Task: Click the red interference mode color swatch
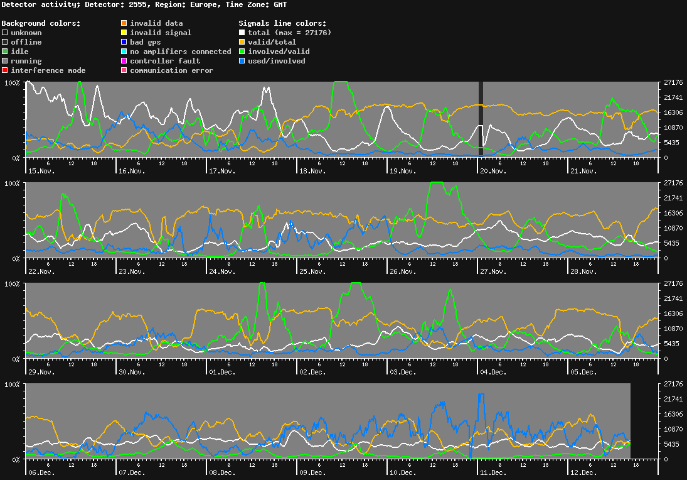(x=5, y=70)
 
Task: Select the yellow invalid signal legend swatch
(x=124, y=33)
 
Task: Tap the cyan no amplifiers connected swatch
(x=124, y=52)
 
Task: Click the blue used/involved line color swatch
(x=242, y=61)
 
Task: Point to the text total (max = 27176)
(x=289, y=33)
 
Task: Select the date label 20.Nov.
(x=493, y=171)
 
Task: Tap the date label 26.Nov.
(x=403, y=271)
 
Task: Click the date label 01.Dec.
(x=222, y=372)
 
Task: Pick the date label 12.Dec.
(x=583, y=472)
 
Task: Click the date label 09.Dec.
(x=312, y=472)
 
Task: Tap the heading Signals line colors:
(x=278, y=23)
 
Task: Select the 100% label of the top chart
(x=12, y=83)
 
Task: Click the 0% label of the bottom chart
(x=14, y=459)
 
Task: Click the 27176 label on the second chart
(x=673, y=183)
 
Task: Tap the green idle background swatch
(x=5, y=52)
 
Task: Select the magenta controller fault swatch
(x=124, y=61)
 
